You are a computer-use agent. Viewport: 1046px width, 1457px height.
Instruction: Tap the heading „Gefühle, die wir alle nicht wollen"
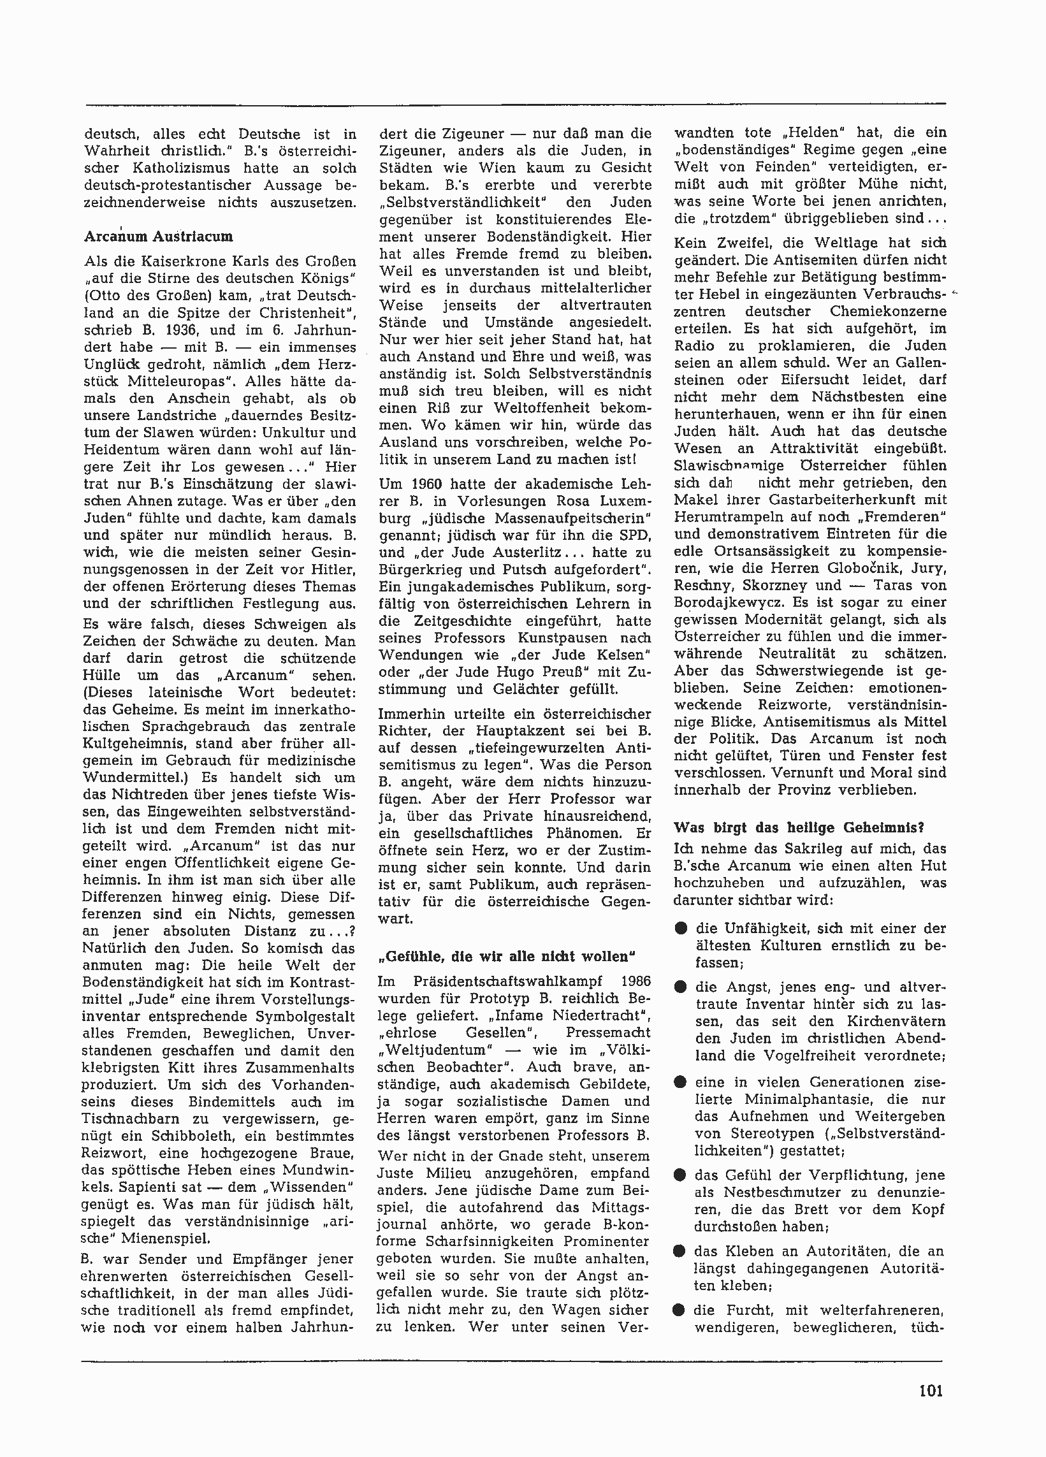(x=507, y=957)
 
